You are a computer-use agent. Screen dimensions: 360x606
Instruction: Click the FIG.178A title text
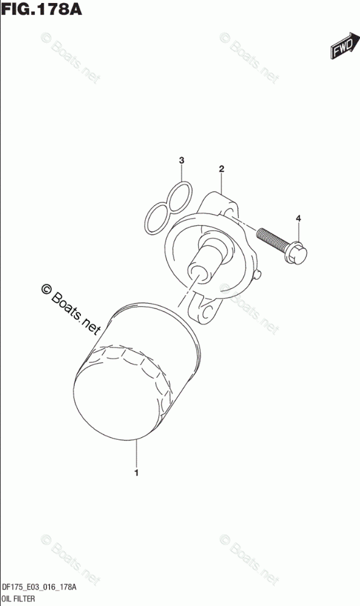(x=42, y=8)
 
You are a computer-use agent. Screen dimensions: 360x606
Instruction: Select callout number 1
(x=136, y=473)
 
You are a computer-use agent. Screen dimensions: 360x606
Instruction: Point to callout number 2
(x=221, y=169)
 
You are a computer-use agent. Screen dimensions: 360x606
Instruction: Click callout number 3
(x=182, y=160)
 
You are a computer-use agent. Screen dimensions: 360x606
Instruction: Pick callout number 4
(x=298, y=219)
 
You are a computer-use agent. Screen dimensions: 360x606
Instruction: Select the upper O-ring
(x=179, y=197)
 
